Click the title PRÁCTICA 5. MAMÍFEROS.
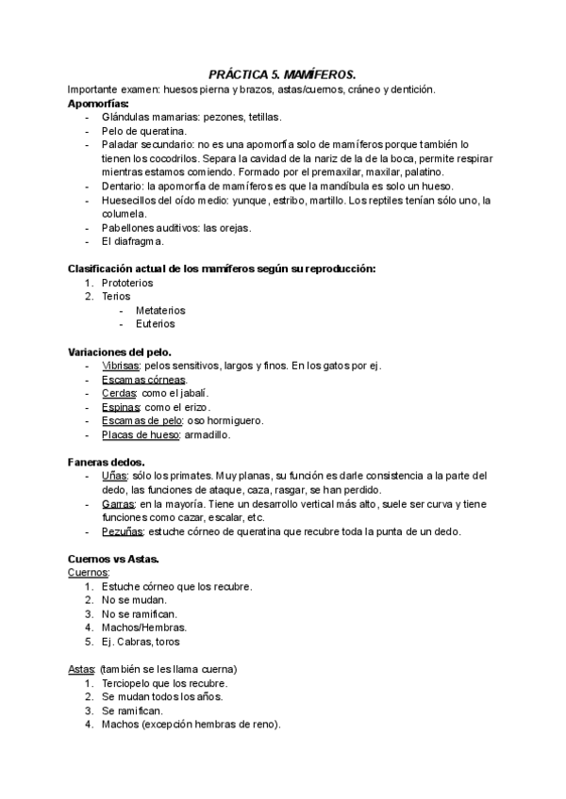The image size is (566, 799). click(282, 74)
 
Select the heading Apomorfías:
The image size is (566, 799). click(99, 103)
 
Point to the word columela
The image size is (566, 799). click(125, 215)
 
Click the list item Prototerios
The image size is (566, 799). click(127, 283)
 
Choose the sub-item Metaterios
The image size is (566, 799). click(160, 310)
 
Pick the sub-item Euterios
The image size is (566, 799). click(155, 324)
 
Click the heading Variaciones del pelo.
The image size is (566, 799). click(119, 351)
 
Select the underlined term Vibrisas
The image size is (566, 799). click(121, 366)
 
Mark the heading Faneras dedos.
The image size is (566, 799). click(106, 462)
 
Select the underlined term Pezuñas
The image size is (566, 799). click(123, 531)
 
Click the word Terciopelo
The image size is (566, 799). click(130, 683)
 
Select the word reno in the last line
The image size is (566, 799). click(263, 725)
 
